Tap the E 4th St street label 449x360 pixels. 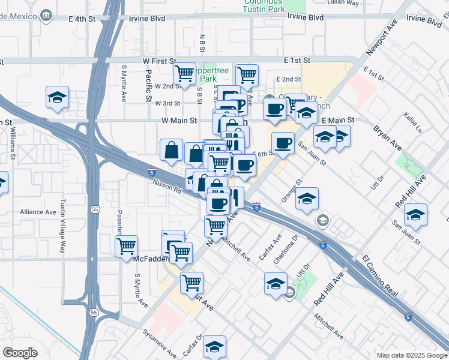tap(82, 19)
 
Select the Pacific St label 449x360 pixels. tap(148, 85)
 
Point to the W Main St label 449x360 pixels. tap(179, 121)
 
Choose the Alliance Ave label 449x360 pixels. tap(38, 212)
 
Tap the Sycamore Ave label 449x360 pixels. tap(160, 341)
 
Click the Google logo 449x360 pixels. tap(20, 353)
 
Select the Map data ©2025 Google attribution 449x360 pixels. tap(411, 355)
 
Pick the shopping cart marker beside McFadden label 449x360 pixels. tap(126, 246)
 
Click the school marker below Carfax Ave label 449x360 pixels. tap(214, 346)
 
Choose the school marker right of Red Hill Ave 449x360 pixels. tap(415, 214)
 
